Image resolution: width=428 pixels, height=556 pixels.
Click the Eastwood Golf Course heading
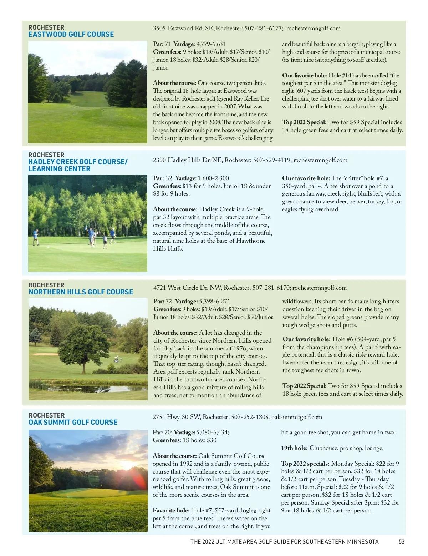click(71, 35)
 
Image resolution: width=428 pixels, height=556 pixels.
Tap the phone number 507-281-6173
click(264, 29)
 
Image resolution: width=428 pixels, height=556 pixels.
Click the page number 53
click(402, 541)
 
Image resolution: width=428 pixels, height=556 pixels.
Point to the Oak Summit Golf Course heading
click(73, 422)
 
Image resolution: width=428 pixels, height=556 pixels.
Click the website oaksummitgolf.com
click(297, 417)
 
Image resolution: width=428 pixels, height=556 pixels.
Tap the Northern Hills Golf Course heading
click(81, 292)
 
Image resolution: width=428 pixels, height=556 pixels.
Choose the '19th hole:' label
click(294, 448)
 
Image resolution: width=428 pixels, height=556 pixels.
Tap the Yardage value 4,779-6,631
click(211, 44)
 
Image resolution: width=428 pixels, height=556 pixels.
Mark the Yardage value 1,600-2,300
click(213, 178)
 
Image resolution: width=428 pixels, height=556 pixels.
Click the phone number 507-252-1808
click(250, 417)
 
